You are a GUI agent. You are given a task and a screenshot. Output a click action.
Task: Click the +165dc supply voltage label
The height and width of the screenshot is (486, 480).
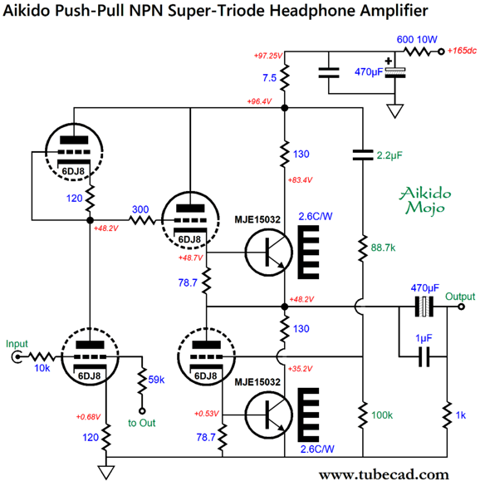[x=462, y=51]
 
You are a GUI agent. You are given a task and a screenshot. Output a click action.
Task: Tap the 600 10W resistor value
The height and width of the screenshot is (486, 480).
[x=417, y=39]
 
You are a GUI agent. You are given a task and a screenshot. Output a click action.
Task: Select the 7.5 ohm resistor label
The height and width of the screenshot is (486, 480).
[x=269, y=77]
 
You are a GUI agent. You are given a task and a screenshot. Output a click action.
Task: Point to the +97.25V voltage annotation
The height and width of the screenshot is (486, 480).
[x=268, y=56]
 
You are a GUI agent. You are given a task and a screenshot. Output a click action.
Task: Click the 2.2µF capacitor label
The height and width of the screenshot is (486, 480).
[x=389, y=155]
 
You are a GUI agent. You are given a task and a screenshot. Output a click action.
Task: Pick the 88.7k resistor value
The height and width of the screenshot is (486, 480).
[x=383, y=248]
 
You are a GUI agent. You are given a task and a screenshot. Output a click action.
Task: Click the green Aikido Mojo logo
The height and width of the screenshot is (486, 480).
[x=425, y=200]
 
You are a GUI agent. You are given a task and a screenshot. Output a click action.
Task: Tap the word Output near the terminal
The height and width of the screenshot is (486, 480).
[x=460, y=297]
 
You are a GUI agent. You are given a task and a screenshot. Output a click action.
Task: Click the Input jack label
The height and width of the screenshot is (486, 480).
[x=17, y=344]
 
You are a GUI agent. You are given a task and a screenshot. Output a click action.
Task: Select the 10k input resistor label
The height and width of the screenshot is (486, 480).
[x=42, y=368]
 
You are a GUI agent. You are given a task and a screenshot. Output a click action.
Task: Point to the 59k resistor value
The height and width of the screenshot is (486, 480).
[x=156, y=380]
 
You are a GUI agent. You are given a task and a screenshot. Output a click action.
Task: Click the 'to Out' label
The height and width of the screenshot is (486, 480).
[x=142, y=423]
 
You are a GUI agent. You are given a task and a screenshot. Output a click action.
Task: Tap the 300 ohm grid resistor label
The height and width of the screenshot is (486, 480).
[x=140, y=209]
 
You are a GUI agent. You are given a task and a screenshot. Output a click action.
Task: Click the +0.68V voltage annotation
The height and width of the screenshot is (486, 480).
[x=88, y=417]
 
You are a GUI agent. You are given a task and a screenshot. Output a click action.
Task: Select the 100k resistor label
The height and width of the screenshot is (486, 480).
[x=382, y=415]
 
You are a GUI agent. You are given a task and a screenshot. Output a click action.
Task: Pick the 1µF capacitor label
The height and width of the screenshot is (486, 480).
[x=424, y=338]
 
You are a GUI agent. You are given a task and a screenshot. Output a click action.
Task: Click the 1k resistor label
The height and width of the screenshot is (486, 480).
[x=460, y=415]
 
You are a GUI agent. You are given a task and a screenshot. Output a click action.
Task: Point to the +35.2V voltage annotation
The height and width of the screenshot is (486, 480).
[x=300, y=369]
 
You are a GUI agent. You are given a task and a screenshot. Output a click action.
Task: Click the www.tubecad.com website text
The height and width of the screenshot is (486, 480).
[x=384, y=475]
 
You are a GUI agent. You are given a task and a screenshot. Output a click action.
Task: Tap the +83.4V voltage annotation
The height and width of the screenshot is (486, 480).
[x=300, y=179]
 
